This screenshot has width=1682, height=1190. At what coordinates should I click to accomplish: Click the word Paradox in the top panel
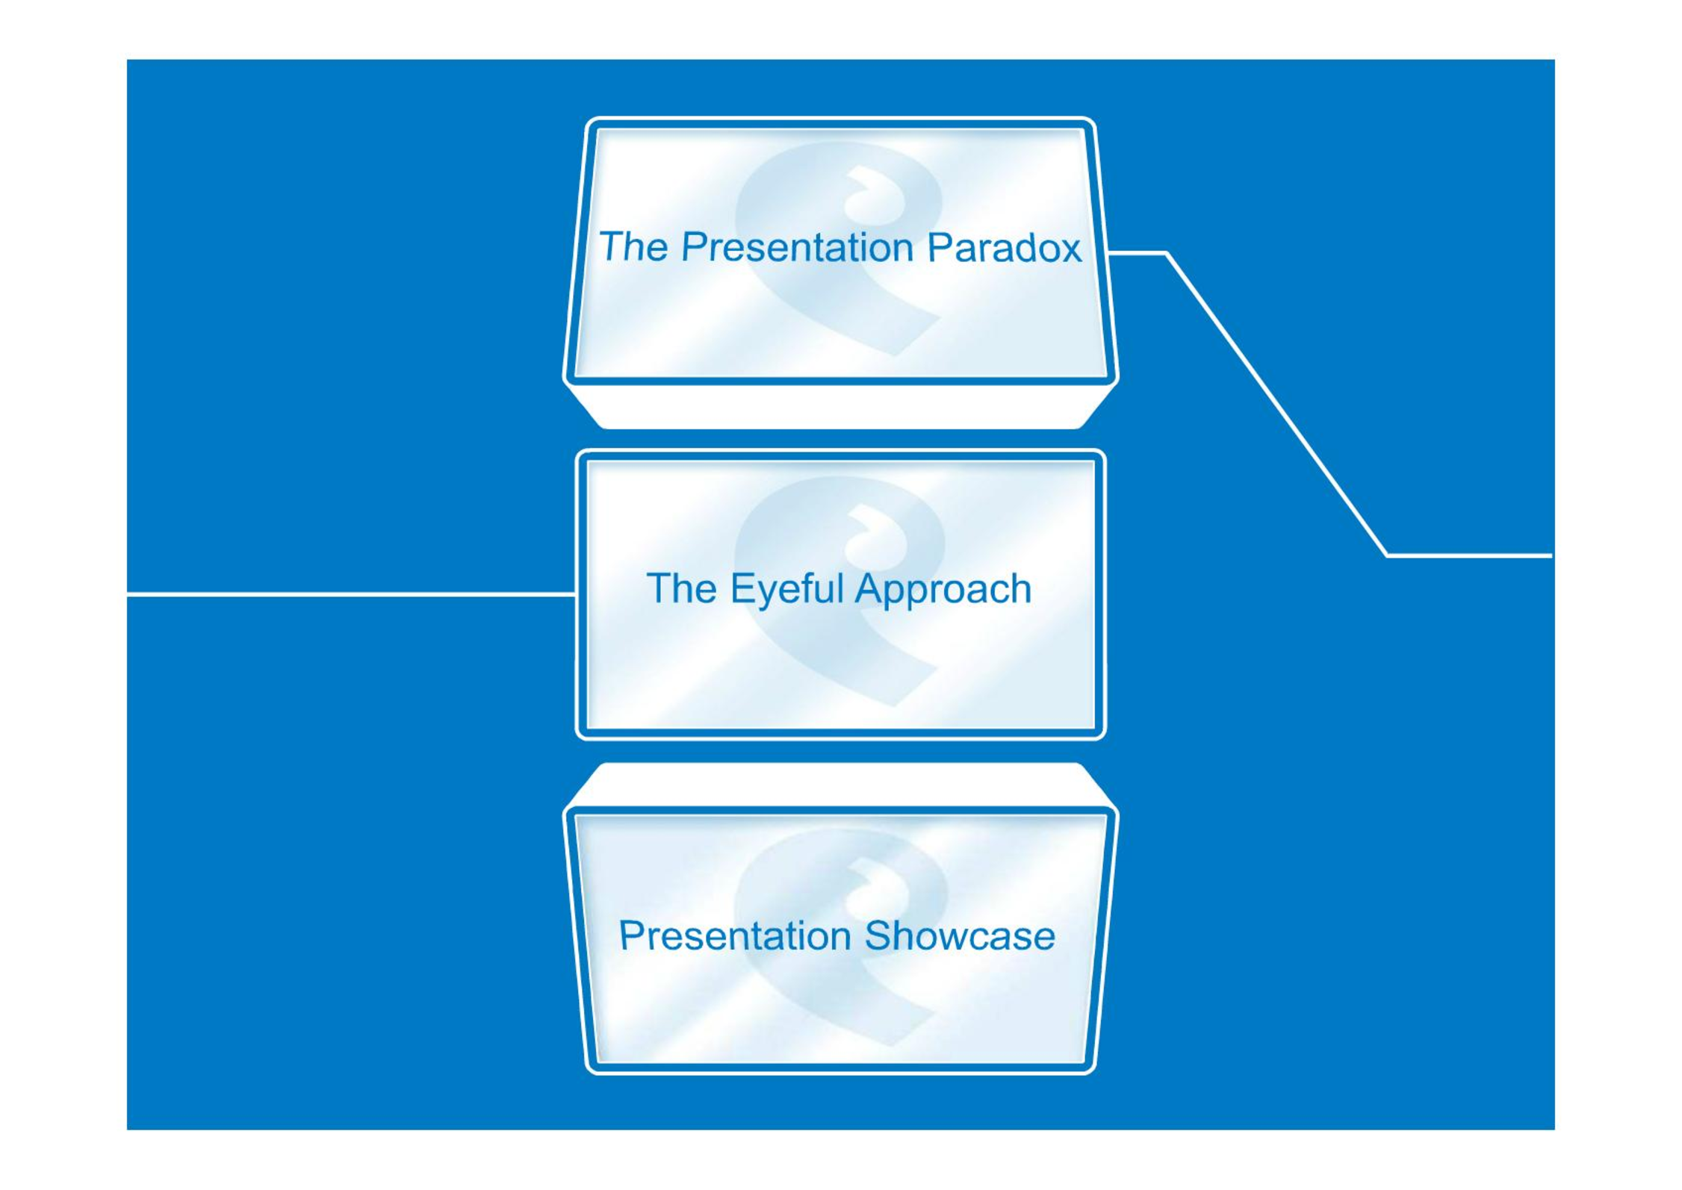[x=1004, y=247]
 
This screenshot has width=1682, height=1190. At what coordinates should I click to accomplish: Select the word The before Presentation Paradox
[x=633, y=246]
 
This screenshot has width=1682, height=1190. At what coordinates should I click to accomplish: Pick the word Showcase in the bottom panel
[x=960, y=936]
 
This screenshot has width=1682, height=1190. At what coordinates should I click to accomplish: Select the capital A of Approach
[x=869, y=588]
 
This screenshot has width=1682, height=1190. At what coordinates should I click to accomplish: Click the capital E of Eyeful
[x=742, y=588]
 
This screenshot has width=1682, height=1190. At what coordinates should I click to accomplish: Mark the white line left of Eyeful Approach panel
[x=351, y=594]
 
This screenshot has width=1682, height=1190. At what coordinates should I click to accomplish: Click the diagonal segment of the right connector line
[x=1276, y=405]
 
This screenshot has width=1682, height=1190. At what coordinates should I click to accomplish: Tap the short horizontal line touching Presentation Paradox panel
[x=1137, y=254]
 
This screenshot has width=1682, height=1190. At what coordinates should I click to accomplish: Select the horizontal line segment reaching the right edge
[x=1469, y=555]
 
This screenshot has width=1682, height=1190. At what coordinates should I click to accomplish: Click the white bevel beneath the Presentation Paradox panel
[x=840, y=408]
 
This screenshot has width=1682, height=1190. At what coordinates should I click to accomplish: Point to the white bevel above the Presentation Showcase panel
[x=840, y=785]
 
